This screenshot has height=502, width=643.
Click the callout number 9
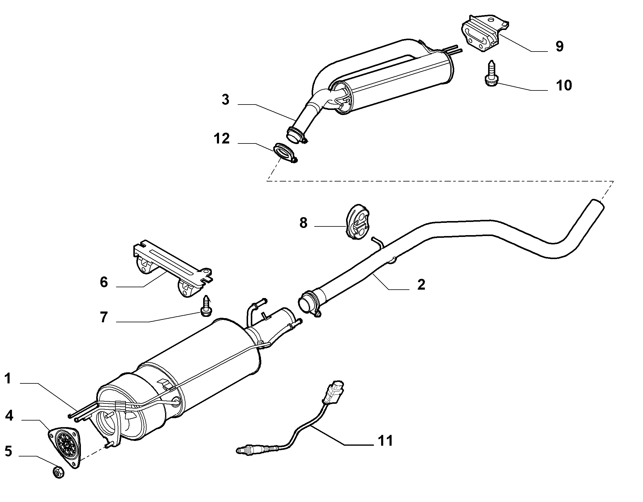coord(559,46)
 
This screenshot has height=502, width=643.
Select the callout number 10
coord(564,85)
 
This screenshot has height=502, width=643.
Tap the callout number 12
coord(222,139)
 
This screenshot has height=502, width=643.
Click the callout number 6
coord(104,282)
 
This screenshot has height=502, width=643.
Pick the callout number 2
coord(421,284)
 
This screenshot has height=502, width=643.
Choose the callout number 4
coord(9,416)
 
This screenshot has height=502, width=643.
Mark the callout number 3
coord(225,100)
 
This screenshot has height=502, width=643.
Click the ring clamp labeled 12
coord(285,153)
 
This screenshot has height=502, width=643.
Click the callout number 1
coord(8,379)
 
